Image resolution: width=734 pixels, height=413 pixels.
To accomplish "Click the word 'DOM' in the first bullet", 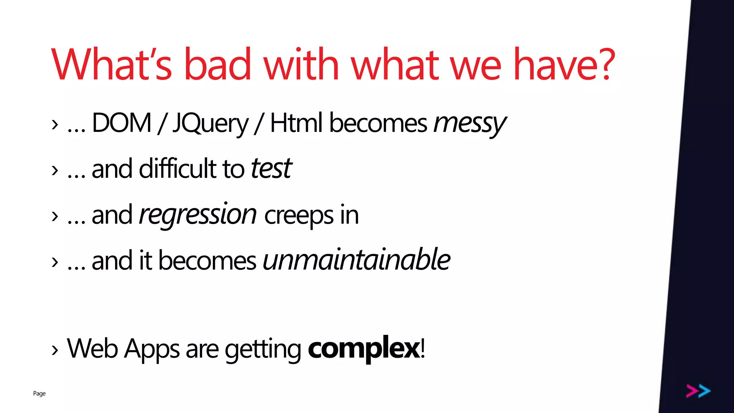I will click(x=121, y=123).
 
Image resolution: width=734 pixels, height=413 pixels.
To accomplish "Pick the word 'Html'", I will click(x=296, y=123).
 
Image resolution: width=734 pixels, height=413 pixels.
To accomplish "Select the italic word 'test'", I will click(x=271, y=168).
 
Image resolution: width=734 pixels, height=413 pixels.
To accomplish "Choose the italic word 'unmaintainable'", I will click(x=356, y=260).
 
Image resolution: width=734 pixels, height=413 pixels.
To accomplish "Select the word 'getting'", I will click(x=263, y=350).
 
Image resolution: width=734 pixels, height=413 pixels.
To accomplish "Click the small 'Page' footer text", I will click(x=39, y=394).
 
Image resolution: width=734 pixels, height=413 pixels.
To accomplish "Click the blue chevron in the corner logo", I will click(x=704, y=391).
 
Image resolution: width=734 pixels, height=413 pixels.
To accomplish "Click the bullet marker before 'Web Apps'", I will click(x=54, y=350).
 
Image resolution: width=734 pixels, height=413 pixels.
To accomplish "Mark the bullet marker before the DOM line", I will click(x=54, y=125).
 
